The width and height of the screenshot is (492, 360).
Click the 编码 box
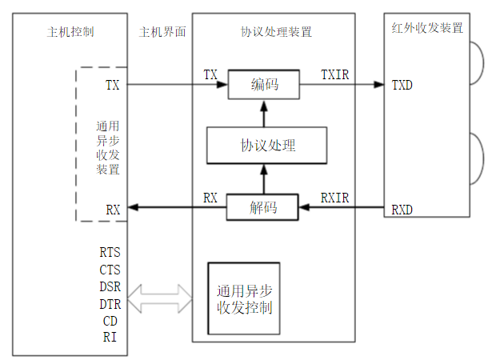point(264,84)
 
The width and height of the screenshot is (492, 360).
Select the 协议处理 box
point(268,145)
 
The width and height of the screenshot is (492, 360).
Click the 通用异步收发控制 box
point(244,298)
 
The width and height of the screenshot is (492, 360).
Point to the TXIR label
point(334,74)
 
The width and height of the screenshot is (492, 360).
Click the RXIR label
point(334,197)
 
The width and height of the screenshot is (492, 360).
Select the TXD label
point(402,84)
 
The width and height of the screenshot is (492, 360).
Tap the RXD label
point(402,210)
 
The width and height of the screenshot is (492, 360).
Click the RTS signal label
point(110,254)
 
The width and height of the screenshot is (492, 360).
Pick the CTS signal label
point(110,270)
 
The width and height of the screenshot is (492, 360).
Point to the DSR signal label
point(110,287)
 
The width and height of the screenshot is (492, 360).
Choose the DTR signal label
point(110,304)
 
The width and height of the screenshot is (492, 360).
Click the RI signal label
point(110,337)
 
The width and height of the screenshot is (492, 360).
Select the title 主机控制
point(70,32)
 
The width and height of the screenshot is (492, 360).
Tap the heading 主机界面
point(162,32)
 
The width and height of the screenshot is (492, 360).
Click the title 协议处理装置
point(276,32)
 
